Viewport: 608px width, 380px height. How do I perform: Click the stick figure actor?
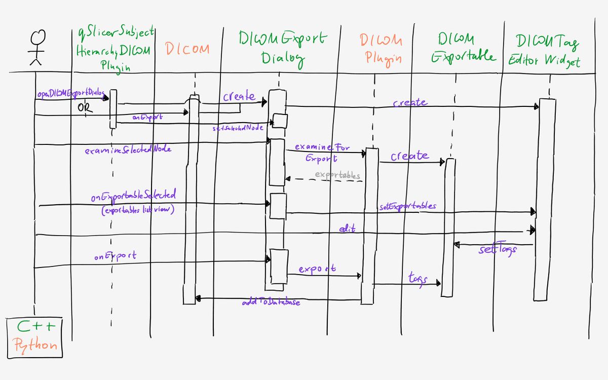[35, 48]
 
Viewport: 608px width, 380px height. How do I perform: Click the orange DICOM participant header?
[187, 50]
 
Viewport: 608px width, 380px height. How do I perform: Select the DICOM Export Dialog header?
[283, 49]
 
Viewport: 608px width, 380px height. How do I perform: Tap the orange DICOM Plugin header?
[381, 49]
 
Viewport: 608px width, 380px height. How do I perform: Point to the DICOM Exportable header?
[463, 48]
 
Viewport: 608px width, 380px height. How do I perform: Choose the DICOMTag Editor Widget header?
[546, 51]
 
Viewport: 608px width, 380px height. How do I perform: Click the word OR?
[85, 108]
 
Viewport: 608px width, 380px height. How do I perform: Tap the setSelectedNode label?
[238, 128]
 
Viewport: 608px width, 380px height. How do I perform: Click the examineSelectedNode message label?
[128, 149]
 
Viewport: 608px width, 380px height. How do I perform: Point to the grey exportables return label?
[337, 175]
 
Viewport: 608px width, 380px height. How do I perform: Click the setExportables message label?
[407, 207]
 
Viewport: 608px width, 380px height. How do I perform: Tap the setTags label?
[498, 250]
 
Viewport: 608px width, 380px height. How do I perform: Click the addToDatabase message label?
[271, 302]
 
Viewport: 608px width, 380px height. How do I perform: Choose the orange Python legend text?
[34, 345]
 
